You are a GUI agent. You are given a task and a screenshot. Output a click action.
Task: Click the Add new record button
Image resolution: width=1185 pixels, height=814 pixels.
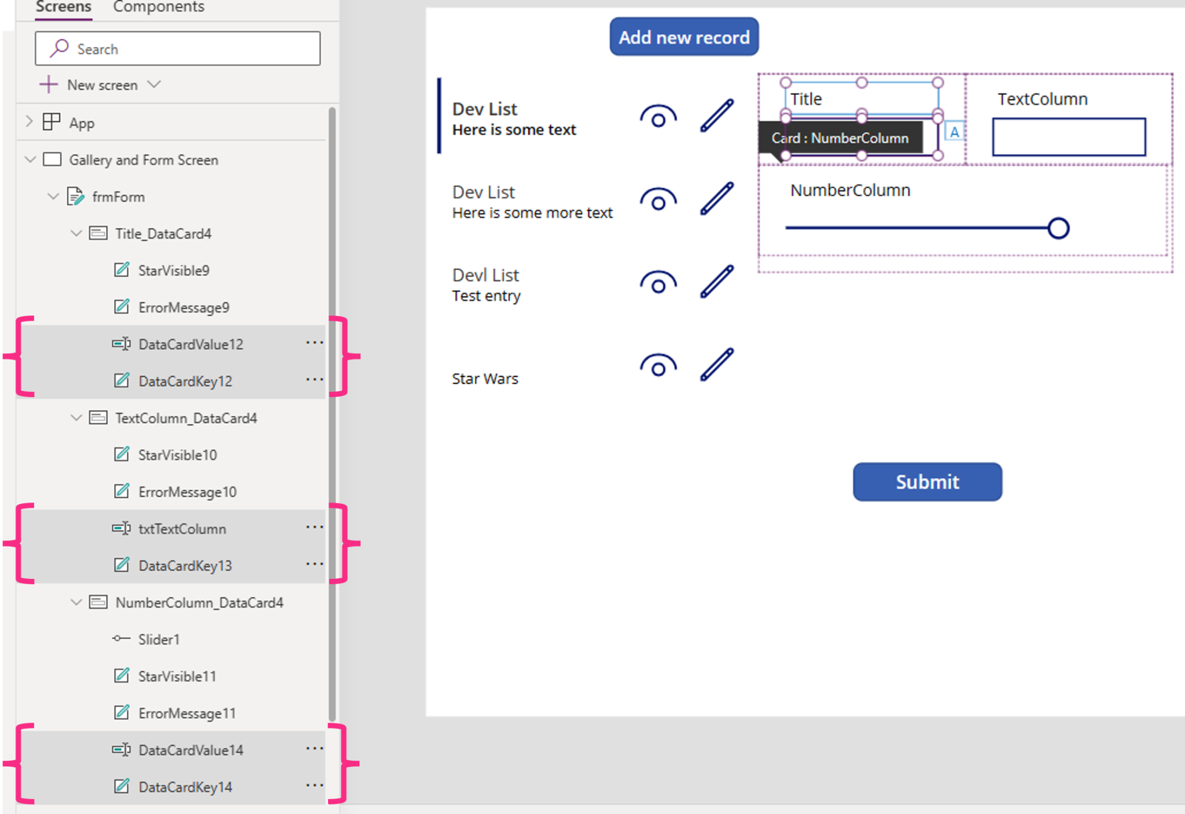click(x=684, y=37)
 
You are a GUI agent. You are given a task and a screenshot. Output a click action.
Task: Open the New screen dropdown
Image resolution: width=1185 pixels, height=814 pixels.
click(x=154, y=85)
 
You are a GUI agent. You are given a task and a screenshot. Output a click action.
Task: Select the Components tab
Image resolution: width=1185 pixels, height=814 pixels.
click(x=159, y=7)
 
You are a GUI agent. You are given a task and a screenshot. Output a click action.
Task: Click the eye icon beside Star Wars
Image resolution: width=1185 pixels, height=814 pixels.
click(x=658, y=366)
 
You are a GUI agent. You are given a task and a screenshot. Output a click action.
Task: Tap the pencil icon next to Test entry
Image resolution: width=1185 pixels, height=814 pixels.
click(x=717, y=282)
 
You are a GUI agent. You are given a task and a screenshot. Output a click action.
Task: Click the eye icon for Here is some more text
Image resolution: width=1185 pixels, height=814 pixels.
click(x=658, y=200)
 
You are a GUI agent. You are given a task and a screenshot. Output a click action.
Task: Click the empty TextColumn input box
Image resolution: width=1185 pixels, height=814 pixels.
click(x=1068, y=137)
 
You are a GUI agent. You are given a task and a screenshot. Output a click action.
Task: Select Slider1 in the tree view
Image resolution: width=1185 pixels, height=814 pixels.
click(x=159, y=639)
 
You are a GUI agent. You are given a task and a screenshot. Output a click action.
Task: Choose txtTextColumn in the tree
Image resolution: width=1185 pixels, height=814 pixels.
click(x=182, y=529)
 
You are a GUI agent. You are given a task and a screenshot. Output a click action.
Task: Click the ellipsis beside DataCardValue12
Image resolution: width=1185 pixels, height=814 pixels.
click(x=314, y=343)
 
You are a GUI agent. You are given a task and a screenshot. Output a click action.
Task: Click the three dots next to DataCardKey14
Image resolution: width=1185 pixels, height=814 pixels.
click(x=314, y=786)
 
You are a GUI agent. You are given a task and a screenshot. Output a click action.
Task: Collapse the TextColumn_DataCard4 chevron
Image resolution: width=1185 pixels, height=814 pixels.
click(x=76, y=417)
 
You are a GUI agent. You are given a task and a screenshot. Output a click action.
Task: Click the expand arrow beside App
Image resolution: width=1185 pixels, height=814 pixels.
click(x=30, y=122)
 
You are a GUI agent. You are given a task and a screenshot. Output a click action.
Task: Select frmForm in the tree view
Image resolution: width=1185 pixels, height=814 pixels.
click(x=118, y=197)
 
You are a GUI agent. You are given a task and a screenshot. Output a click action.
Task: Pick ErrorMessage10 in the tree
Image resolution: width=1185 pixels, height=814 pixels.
click(x=187, y=492)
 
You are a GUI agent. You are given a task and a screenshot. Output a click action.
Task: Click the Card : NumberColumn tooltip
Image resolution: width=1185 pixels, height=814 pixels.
click(x=840, y=138)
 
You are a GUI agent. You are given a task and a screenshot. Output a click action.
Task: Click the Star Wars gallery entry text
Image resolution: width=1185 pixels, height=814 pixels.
click(x=485, y=379)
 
